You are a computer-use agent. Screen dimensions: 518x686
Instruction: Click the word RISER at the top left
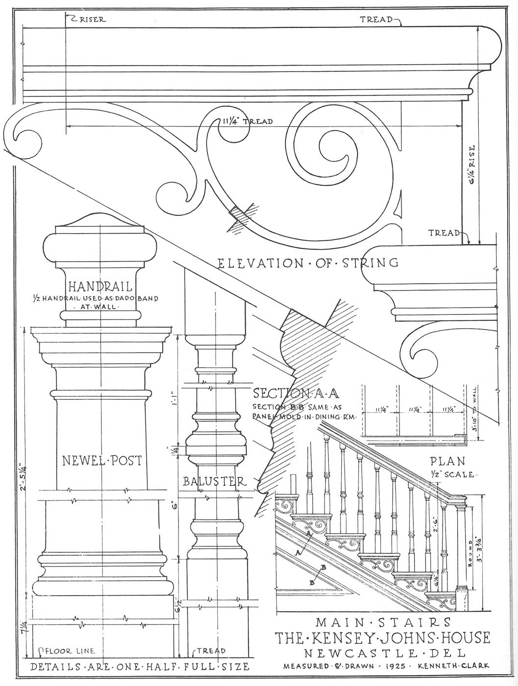(x=93, y=20)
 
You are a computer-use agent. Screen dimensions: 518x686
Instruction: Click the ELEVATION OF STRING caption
(x=308, y=263)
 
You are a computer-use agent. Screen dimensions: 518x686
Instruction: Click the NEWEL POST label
(x=102, y=460)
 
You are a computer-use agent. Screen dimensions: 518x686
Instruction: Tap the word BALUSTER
(x=214, y=482)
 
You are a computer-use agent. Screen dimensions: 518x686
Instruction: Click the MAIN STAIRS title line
(x=383, y=622)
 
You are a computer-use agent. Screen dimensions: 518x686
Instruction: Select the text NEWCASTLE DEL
(x=383, y=653)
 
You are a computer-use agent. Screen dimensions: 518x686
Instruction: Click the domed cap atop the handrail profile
(x=99, y=221)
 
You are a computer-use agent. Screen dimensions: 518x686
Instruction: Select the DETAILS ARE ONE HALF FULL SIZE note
(x=140, y=667)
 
